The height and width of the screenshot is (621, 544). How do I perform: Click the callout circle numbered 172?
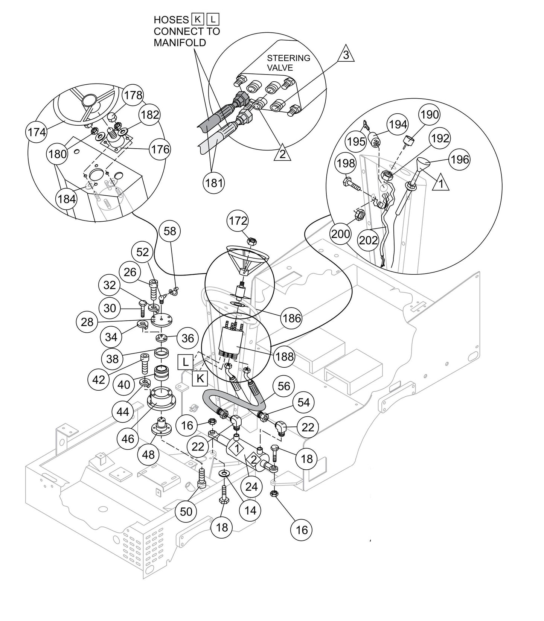pyautogui.click(x=238, y=221)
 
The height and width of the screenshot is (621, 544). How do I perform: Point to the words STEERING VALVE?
pyautogui.click(x=288, y=62)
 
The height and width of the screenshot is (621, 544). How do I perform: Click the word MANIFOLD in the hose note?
pyautogui.click(x=180, y=43)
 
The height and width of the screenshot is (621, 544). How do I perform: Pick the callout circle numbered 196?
pyautogui.click(x=460, y=160)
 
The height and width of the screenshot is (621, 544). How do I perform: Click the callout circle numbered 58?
pyautogui.click(x=170, y=231)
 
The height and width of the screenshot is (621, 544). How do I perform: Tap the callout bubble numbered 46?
pyautogui.click(x=128, y=438)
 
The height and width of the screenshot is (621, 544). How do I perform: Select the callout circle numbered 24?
pyautogui.click(x=251, y=487)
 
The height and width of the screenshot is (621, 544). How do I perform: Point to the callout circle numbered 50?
pyautogui.click(x=186, y=511)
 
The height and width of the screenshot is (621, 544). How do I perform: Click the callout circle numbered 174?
pyautogui.click(x=37, y=132)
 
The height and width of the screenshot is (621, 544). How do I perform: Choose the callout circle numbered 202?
pyautogui.click(x=368, y=240)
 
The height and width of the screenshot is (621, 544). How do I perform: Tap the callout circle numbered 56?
pyautogui.click(x=284, y=386)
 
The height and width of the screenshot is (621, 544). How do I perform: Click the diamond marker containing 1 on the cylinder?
pyautogui.click(x=237, y=448)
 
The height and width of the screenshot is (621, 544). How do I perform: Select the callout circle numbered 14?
pyautogui.click(x=250, y=510)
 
